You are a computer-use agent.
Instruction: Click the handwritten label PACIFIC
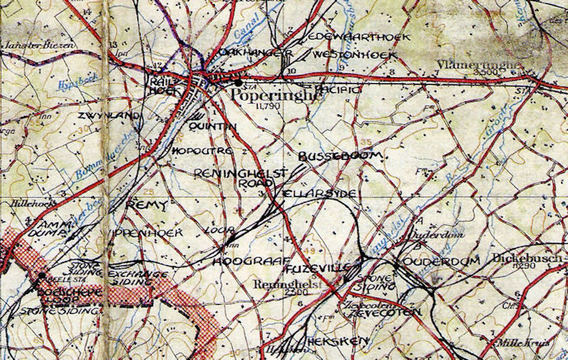338,87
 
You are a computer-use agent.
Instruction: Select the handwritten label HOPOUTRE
203,151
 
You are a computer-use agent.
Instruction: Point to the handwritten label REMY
150,203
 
